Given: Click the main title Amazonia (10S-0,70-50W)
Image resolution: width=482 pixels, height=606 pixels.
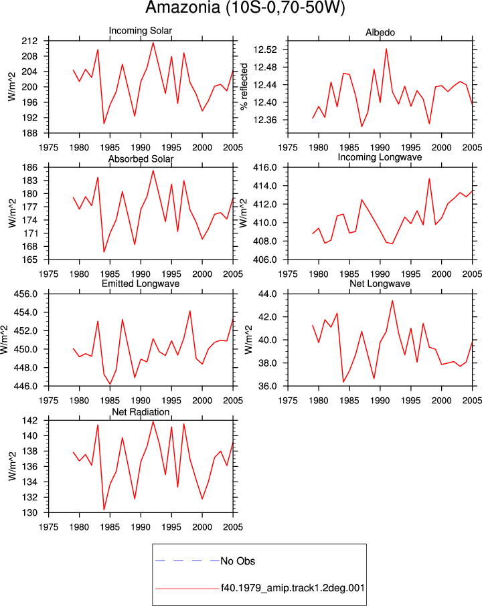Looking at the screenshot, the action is point(245,8).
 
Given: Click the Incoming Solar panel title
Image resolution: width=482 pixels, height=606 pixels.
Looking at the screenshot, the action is point(141,31).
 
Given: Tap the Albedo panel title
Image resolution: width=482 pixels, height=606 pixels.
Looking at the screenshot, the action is point(380,33).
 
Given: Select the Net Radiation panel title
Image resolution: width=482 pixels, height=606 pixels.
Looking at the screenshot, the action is point(141,412).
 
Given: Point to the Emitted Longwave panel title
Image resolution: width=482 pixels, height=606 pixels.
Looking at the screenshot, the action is point(141,284).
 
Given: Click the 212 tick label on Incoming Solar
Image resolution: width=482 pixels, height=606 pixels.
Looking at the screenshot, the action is point(30,41).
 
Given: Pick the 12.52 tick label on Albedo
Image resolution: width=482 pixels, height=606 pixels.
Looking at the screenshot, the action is point(265,49).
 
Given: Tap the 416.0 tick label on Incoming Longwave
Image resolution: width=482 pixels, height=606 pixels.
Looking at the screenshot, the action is point(265,168).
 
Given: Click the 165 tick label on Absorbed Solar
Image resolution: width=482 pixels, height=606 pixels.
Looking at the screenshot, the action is point(30,260).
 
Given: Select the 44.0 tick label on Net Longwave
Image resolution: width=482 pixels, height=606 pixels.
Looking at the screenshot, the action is point(268,294).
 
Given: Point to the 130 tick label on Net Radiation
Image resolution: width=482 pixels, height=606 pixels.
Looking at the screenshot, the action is point(30,513).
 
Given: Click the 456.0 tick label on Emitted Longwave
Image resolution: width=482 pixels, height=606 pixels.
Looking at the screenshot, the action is point(26,294).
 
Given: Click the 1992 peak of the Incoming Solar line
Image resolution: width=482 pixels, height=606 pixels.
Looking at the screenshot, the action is point(153,43).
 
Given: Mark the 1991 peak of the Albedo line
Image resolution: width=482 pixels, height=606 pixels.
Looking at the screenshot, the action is point(386,49).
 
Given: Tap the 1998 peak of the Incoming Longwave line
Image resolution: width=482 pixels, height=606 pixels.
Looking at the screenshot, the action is point(429,179).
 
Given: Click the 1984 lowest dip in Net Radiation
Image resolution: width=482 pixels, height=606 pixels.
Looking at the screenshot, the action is point(104,510).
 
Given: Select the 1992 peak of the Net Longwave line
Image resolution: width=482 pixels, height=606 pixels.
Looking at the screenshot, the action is point(392,300).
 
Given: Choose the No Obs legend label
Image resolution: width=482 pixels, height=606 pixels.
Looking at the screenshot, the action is point(238,561).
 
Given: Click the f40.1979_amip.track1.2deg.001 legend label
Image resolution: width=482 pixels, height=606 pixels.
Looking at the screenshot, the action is point(293,588).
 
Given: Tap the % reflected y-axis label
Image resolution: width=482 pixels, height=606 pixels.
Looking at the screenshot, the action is point(244,86).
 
